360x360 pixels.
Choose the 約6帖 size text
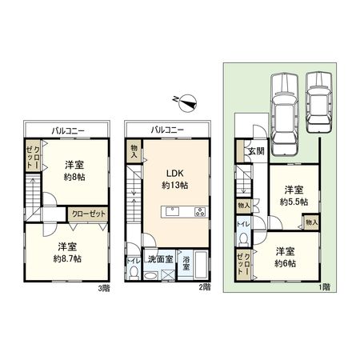286,262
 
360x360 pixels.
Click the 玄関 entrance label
255,150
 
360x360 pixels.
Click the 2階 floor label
205,286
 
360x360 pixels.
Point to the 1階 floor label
328,286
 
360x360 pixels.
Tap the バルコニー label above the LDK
168,129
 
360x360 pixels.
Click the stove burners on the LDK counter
198,211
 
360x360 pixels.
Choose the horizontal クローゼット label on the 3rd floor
87,214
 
